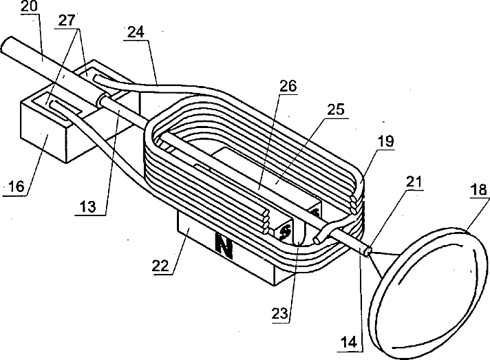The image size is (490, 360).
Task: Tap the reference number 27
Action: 67,21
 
